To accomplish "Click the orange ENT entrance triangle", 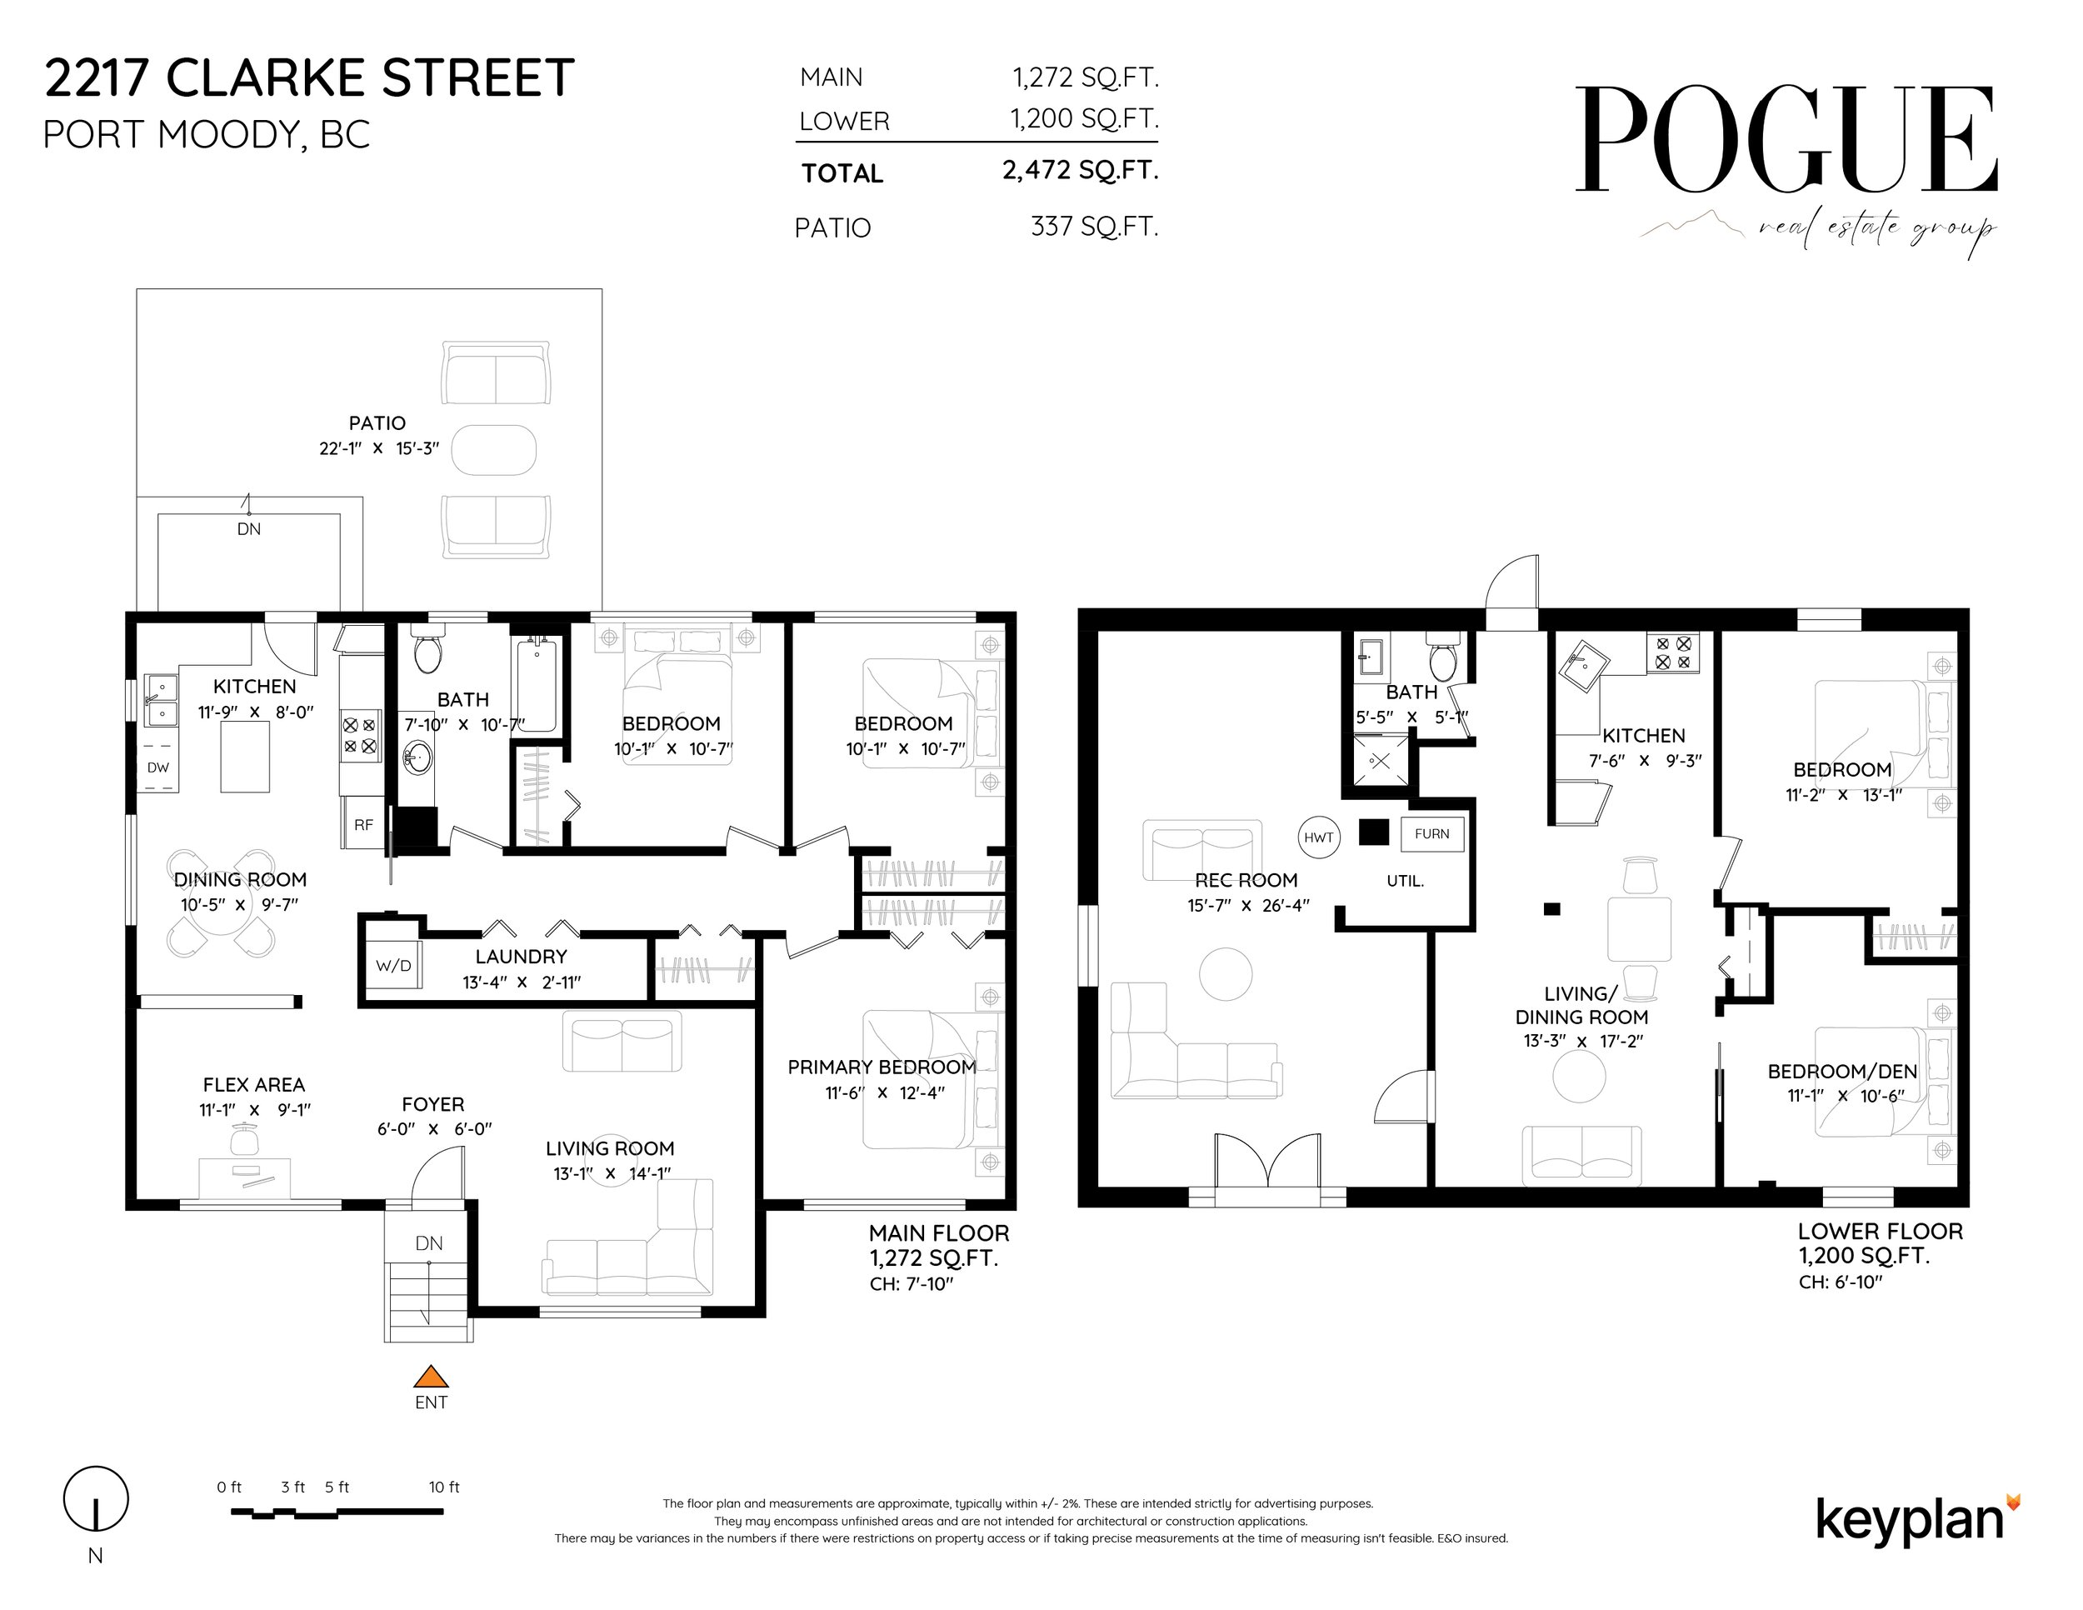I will [431, 1377].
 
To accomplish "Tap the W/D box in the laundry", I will [393, 966].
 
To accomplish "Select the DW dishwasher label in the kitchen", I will [158, 767].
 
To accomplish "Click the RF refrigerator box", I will [363, 825].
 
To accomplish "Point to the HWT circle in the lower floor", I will [1318, 837].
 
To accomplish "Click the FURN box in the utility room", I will [1431, 833].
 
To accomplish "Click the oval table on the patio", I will [493, 449].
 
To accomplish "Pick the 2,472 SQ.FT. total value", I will [1080, 170].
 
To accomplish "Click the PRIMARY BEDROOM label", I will [882, 1067].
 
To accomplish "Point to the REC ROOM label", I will [1246, 880].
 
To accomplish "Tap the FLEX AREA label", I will [253, 1084].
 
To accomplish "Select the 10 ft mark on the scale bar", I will [443, 1487].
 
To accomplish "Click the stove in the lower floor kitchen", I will [1672, 652].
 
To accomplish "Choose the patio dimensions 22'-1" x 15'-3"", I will [378, 448].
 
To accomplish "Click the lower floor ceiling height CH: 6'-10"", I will [1841, 1282].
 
